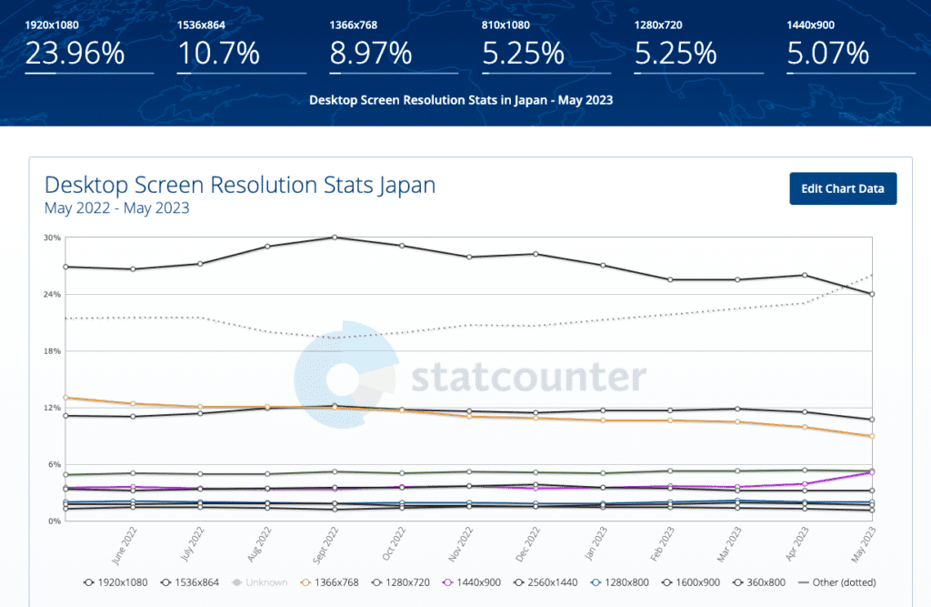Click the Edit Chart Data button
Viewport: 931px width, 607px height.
843,188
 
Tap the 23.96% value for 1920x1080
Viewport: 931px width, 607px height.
75,54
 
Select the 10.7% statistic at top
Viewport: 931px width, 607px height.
218,54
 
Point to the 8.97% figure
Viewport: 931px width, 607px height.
371,54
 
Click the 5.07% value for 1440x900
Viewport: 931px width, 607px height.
828,54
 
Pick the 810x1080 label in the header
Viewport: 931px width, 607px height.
506,25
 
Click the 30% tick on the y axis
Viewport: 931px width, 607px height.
52,238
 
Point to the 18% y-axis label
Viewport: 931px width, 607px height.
52,351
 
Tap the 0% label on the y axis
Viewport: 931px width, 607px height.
54,521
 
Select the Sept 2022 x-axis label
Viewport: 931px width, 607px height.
325,550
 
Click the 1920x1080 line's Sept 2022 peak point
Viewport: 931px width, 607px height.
335,238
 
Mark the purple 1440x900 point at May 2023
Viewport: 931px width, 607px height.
872,471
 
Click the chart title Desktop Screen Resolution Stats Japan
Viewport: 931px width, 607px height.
240,186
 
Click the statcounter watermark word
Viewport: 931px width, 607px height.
528,376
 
